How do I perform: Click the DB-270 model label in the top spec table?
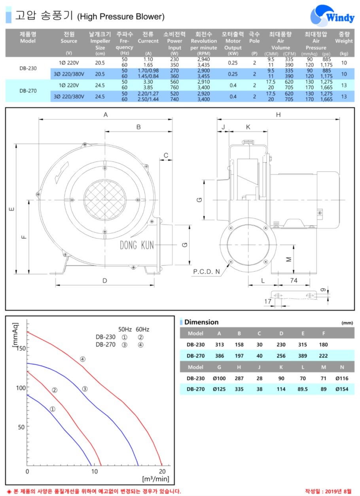click(28, 91)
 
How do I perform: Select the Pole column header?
click(254, 38)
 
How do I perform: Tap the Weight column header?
click(344, 38)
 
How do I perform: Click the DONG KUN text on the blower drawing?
click(137, 245)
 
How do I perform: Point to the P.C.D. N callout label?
click(207, 272)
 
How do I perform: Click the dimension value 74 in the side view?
click(294, 280)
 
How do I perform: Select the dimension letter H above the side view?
click(278, 115)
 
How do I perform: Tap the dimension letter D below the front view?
click(105, 281)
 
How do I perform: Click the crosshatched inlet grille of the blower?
click(105, 200)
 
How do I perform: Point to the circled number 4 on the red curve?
click(83, 359)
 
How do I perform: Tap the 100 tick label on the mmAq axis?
click(21, 388)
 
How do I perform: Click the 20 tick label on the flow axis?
click(162, 471)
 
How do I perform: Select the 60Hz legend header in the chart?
click(142, 329)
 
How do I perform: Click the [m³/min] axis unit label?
click(155, 479)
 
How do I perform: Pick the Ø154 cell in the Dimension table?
click(342, 389)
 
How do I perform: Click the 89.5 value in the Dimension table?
click(303, 389)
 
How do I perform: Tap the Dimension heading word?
click(201, 322)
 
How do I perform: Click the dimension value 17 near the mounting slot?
click(268, 301)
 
